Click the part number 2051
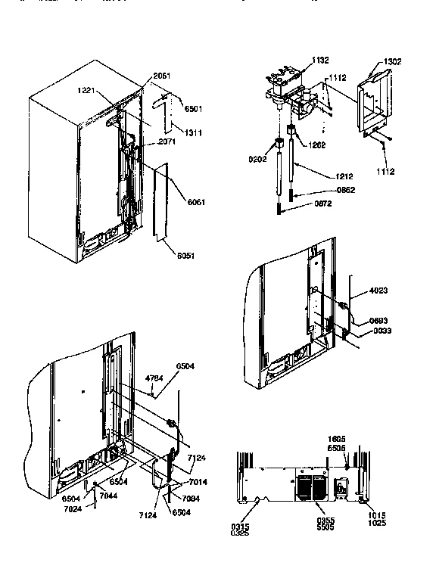(162, 76)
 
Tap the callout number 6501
(195, 109)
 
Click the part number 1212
(344, 176)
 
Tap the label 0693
(379, 321)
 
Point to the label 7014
(198, 482)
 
